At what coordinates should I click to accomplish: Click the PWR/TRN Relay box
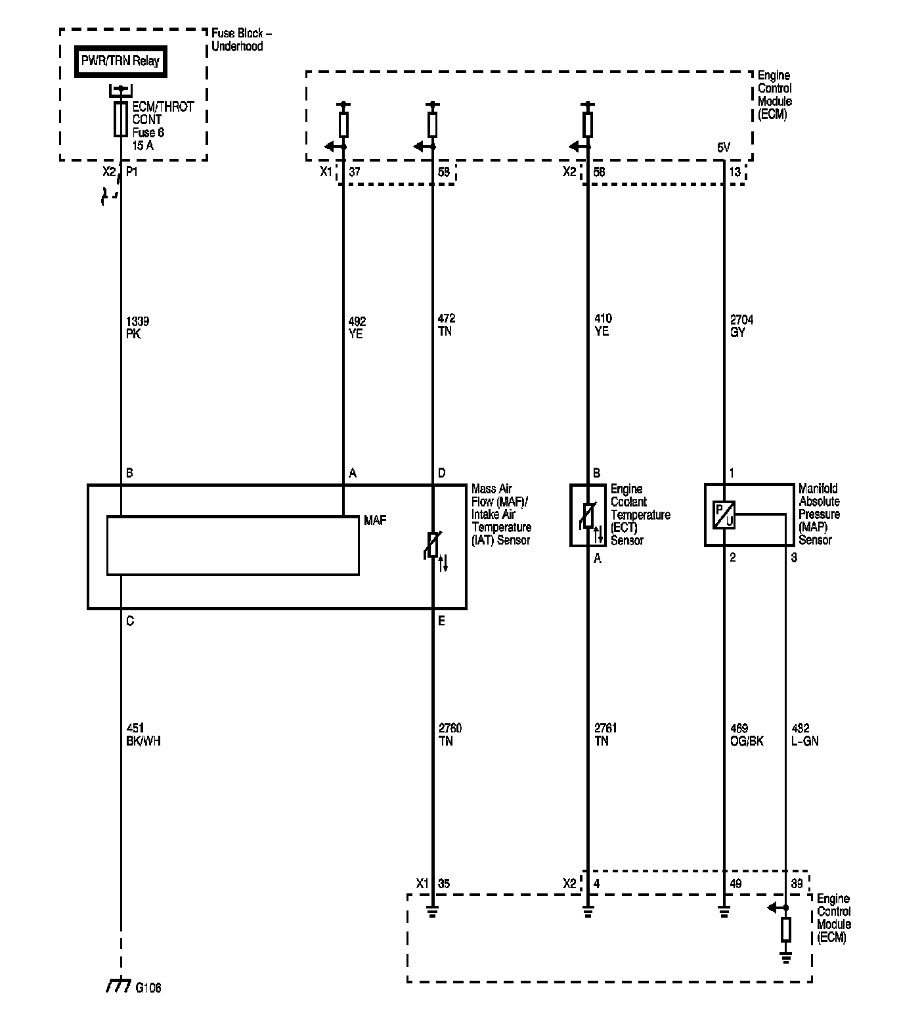click(x=120, y=62)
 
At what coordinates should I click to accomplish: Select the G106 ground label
click(x=148, y=987)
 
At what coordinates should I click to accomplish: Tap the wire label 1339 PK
click(x=137, y=327)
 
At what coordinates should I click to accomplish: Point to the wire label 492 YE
click(x=357, y=327)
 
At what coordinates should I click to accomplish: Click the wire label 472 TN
click(x=447, y=325)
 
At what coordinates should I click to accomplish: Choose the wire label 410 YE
click(x=602, y=325)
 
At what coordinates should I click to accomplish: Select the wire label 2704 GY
click(x=741, y=326)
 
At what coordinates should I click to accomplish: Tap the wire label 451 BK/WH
click(x=143, y=734)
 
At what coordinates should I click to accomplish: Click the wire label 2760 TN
click(x=450, y=734)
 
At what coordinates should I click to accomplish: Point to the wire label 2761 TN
click(x=605, y=734)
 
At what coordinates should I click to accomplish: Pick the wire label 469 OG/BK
click(x=747, y=734)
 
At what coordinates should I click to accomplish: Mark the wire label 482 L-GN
click(x=805, y=734)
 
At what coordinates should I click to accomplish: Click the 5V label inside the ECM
click(x=723, y=148)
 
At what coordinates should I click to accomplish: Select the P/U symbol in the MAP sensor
click(x=724, y=514)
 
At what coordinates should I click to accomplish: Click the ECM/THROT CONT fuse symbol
click(x=120, y=119)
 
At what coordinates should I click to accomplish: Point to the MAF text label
click(x=375, y=520)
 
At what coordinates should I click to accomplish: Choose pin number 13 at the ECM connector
click(x=735, y=172)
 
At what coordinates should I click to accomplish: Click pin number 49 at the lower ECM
click(x=735, y=884)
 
